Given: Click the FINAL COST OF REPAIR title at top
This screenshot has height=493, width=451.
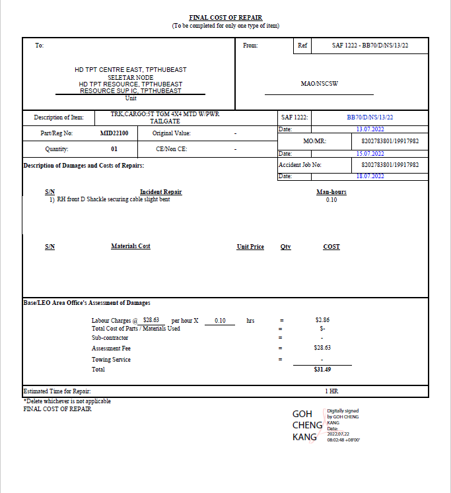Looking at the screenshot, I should coord(225,18).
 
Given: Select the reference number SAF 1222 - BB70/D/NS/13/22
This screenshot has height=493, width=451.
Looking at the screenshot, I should coord(370,46).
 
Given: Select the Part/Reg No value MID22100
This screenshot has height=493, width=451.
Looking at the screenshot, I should coord(114,133).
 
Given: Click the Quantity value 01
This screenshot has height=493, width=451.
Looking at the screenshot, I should coord(114,148).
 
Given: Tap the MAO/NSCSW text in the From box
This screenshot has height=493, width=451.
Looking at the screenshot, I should coord(318,84).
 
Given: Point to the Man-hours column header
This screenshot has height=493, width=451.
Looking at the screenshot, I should coord(331,192).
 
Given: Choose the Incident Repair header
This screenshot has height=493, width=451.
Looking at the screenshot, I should coord(160,192).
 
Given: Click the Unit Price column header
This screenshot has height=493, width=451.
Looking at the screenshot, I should coord(250,246).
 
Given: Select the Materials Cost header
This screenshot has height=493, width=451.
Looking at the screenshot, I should coord(131,246).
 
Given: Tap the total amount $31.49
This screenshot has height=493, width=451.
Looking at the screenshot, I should coord(322,370).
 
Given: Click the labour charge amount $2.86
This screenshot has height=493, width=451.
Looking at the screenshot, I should coord(322,320).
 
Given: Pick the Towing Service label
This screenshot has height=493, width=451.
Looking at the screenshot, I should coord(111,360).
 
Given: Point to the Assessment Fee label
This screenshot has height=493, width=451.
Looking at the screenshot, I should coord(111,348).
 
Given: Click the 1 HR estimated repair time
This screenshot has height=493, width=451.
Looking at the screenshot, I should coord(331,391).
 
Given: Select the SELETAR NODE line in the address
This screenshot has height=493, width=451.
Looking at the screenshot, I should coord(130,77).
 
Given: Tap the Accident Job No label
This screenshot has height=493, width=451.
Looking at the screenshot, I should coord(300,164).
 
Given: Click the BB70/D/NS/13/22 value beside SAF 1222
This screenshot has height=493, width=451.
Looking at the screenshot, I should coord(370,117).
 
